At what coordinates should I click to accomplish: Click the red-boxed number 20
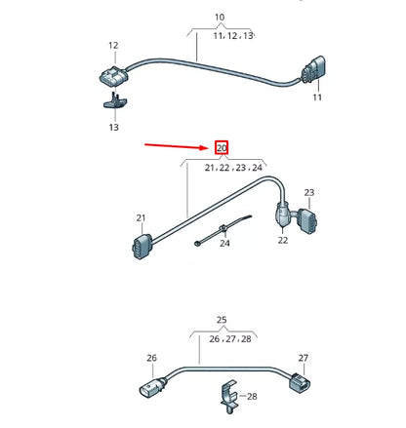click(222, 149)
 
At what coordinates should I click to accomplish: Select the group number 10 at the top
click(219, 18)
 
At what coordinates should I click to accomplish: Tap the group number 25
click(221, 320)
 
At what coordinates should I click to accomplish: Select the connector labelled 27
click(297, 387)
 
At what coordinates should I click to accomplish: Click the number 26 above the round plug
click(151, 358)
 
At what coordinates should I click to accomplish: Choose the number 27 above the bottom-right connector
click(303, 358)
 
